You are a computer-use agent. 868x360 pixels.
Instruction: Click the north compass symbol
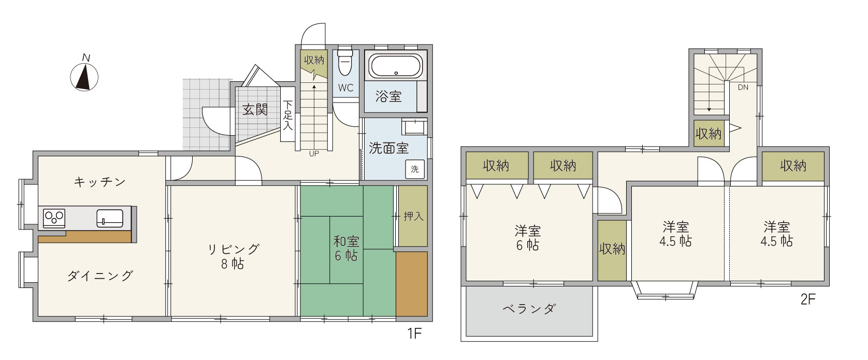pos(84,76)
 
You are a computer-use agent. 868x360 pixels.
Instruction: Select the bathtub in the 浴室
pos(395,66)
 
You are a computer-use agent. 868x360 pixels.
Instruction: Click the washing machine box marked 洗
pos(415,169)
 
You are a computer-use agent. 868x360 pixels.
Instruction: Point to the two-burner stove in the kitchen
pos(54,218)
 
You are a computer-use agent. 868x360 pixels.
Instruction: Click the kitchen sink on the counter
pos(110,218)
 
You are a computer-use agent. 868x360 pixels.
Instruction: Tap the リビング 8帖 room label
pos(233,256)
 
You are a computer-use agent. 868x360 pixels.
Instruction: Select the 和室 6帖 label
pos(346,249)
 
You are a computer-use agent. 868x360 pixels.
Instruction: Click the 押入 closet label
pos(413,216)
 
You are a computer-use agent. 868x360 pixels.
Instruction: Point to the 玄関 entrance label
pos(255,110)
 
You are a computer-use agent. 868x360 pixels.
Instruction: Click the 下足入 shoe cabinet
pos(287,114)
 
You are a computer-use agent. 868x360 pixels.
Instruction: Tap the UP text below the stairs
pos(314,154)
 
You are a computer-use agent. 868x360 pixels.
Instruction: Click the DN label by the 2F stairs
pos(743,88)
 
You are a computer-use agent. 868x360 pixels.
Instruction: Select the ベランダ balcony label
pos(529,309)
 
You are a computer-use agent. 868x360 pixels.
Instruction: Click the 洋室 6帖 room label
pos(528,238)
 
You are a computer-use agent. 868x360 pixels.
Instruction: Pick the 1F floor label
pos(414,333)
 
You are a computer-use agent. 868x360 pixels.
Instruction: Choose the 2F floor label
pos(808,299)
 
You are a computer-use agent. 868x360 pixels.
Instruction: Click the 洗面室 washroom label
pos(388,148)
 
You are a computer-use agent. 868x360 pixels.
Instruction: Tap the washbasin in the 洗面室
pos(414,126)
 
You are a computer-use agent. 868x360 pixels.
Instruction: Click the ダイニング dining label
pos(100,276)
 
